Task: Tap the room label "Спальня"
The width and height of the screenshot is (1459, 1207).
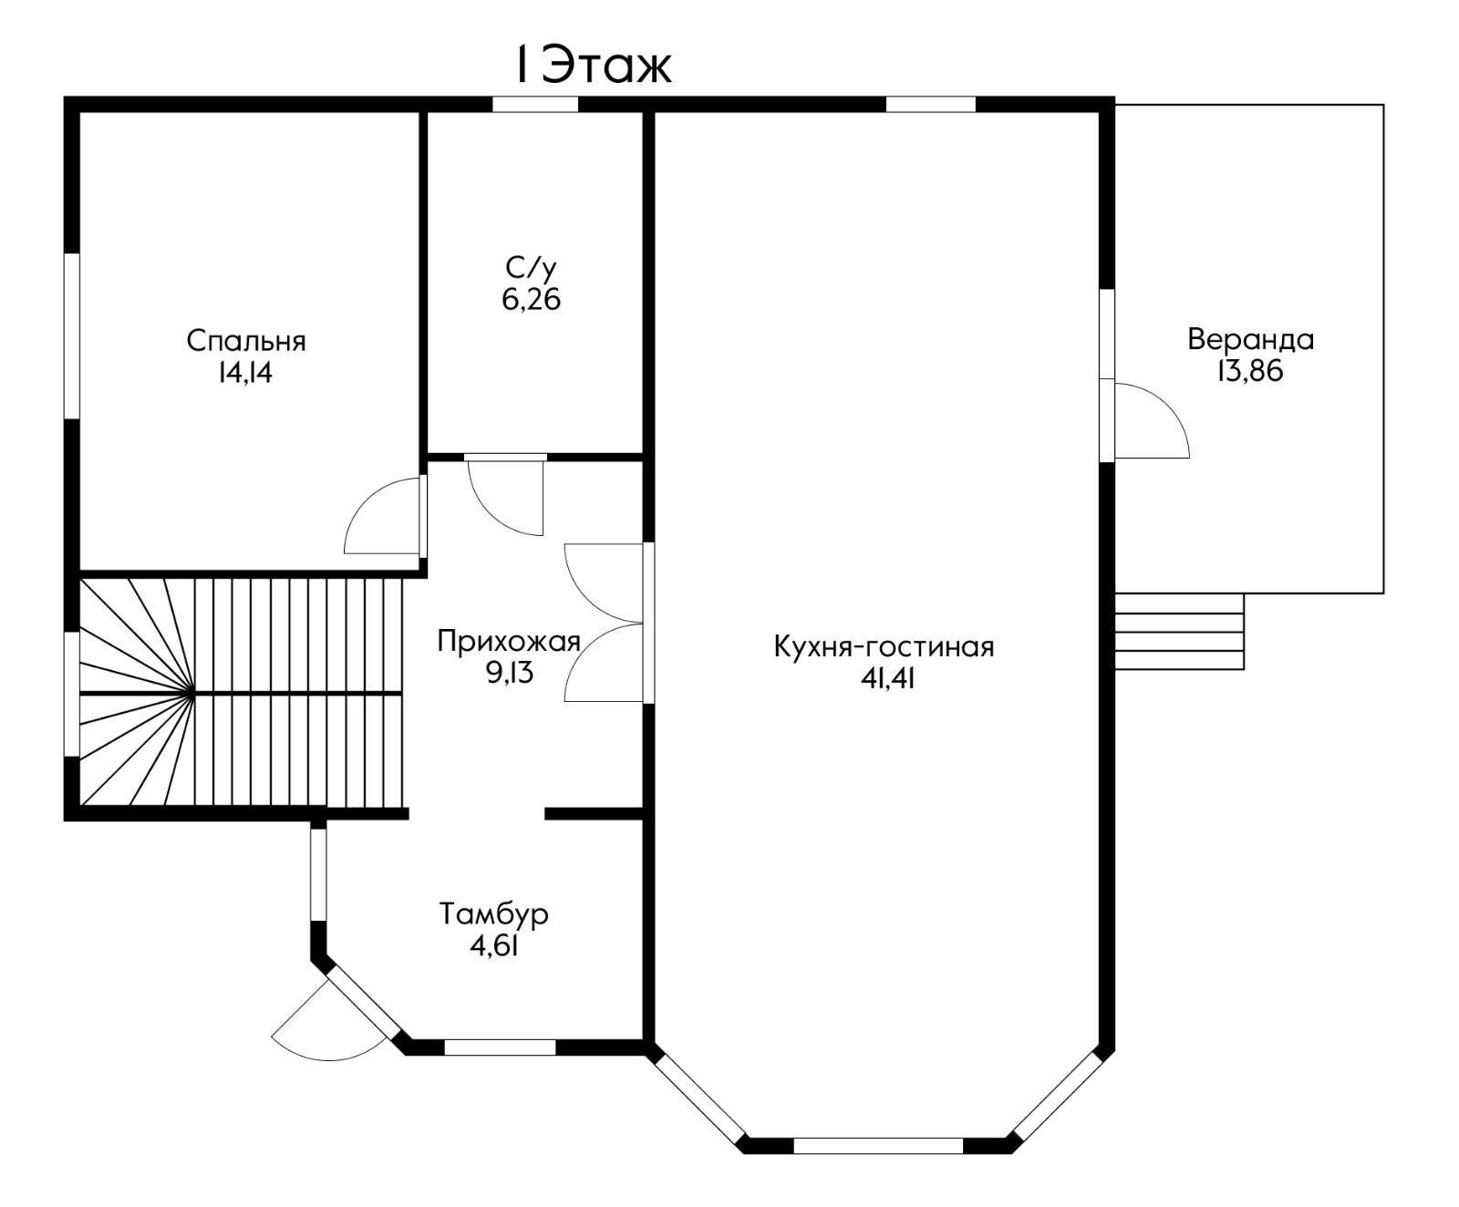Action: click(x=246, y=341)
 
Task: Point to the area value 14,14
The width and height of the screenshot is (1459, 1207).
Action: click(x=245, y=373)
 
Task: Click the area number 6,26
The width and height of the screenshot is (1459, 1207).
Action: click(x=531, y=299)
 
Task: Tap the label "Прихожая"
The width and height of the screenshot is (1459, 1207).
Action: click(x=509, y=641)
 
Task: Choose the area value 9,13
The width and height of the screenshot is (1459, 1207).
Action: click(x=509, y=673)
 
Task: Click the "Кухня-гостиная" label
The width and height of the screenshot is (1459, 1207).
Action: click(x=884, y=646)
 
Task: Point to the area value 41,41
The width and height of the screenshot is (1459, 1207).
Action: click(x=886, y=678)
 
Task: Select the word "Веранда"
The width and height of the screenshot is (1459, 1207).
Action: click(x=1250, y=339)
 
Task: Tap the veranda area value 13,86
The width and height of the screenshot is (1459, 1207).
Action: click(x=1249, y=371)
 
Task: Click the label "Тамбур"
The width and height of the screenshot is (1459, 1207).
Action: click(x=494, y=913)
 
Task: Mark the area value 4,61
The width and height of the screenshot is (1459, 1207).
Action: click(x=494, y=945)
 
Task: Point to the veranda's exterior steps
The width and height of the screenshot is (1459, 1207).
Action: click(x=1179, y=631)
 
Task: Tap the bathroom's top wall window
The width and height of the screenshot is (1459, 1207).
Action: click(x=535, y=104)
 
